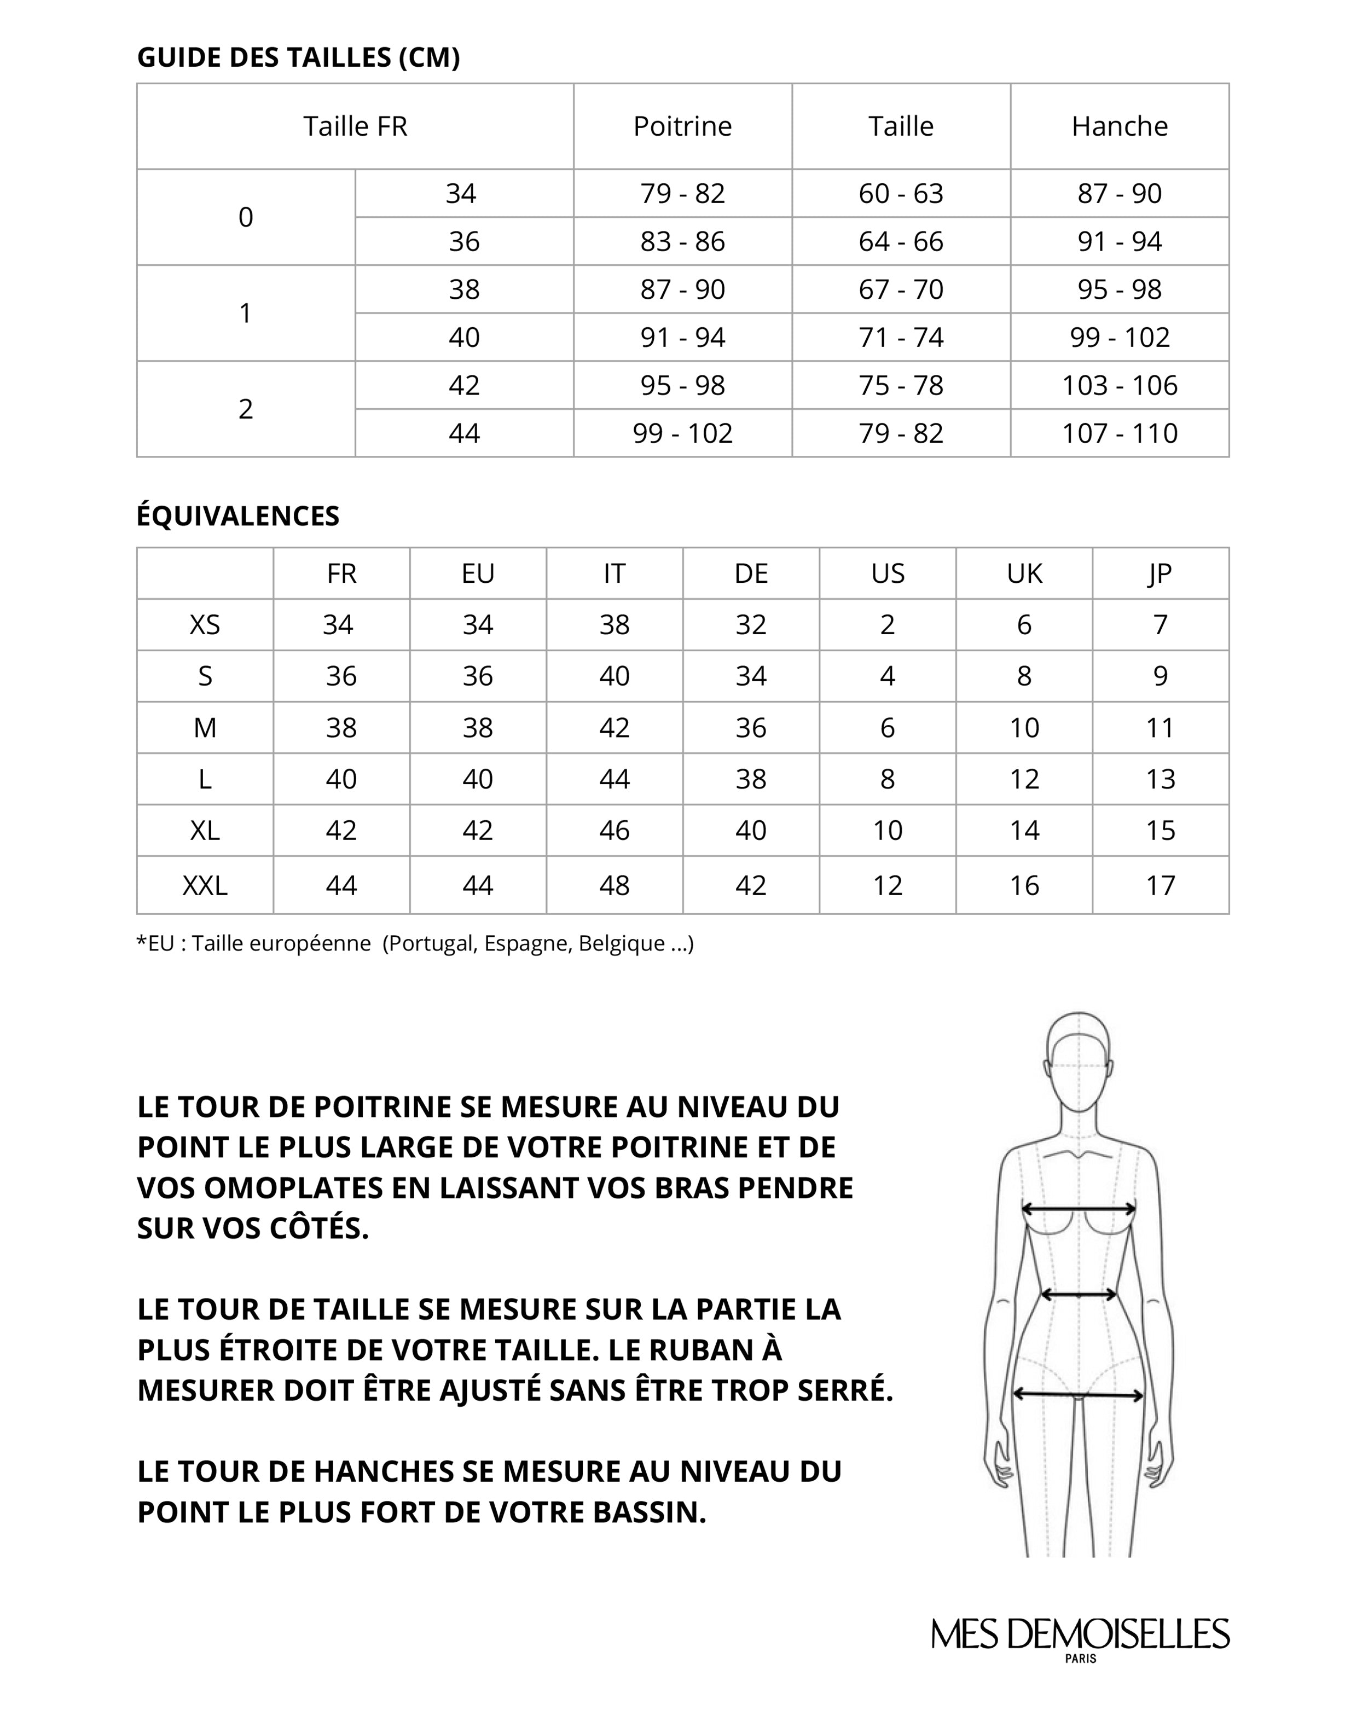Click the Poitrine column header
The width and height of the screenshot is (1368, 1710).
click(682, 126)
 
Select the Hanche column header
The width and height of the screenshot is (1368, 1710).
click(1119, 126)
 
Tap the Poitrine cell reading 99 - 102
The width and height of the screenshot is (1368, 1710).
click(682, 433)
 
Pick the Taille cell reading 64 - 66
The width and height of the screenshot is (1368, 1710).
click(901, 241)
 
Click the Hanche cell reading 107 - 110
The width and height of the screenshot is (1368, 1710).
click(1119, 433)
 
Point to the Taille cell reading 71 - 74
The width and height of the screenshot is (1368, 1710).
click(901, 337)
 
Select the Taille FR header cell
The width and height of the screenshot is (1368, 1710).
click(355, 126)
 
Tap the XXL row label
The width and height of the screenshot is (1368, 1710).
click(205, 885)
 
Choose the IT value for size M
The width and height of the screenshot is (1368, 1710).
click(614, 727)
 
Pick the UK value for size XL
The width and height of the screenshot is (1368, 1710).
click(1024, 831)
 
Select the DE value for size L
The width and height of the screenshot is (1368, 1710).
click(750, 779)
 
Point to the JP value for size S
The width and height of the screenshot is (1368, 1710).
click(1160, 676)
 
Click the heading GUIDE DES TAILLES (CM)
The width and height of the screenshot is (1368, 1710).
click(298, 57)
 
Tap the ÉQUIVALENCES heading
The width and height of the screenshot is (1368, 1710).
click(238, 515)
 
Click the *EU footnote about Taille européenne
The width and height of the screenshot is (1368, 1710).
click(415, 943)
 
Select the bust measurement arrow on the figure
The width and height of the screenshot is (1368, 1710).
click(1078, 1209)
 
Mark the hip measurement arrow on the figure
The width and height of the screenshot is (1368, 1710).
click(1078, 1394)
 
